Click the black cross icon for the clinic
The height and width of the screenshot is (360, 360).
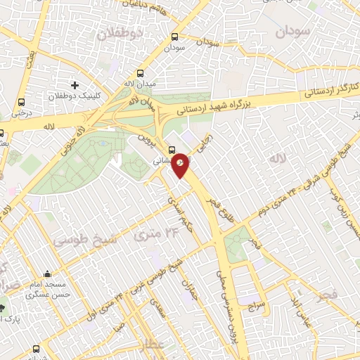(x=75, y=85)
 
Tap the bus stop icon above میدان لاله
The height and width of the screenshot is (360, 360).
(x=141, y=73)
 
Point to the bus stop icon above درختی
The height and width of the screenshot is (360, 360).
(x=23, y=101)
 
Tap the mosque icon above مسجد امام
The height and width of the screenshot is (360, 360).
(x=47, y=274)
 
